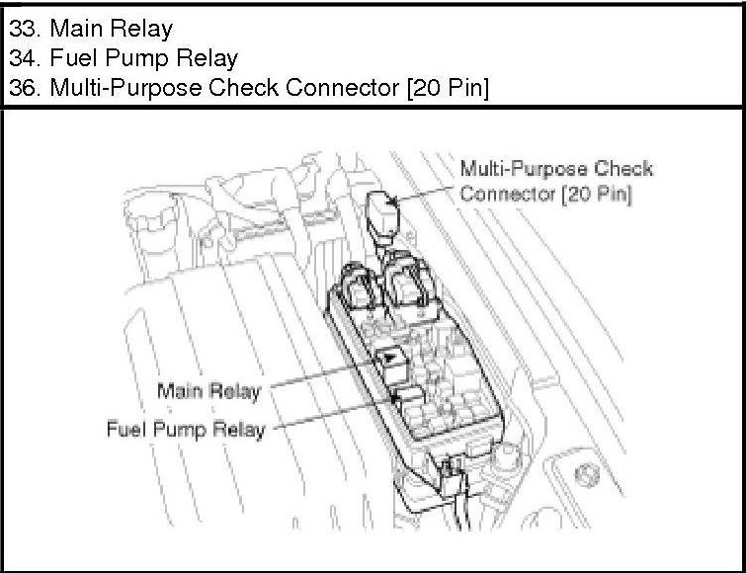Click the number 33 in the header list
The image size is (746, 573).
tap(21, 27)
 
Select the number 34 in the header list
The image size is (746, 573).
tap(21, 57)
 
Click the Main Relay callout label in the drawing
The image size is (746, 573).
tap(208, 392)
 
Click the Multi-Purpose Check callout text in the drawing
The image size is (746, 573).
tap(557, 169)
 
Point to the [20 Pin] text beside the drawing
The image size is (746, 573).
tap(596, 195)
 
